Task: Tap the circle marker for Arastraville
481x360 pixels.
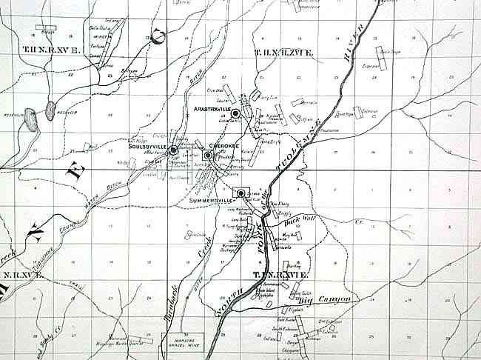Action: point(235,113)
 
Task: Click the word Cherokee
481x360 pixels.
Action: point(223,146)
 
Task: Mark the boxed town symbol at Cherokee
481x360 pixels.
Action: point(208,156)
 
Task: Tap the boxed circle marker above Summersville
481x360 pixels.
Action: point(241,193)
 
